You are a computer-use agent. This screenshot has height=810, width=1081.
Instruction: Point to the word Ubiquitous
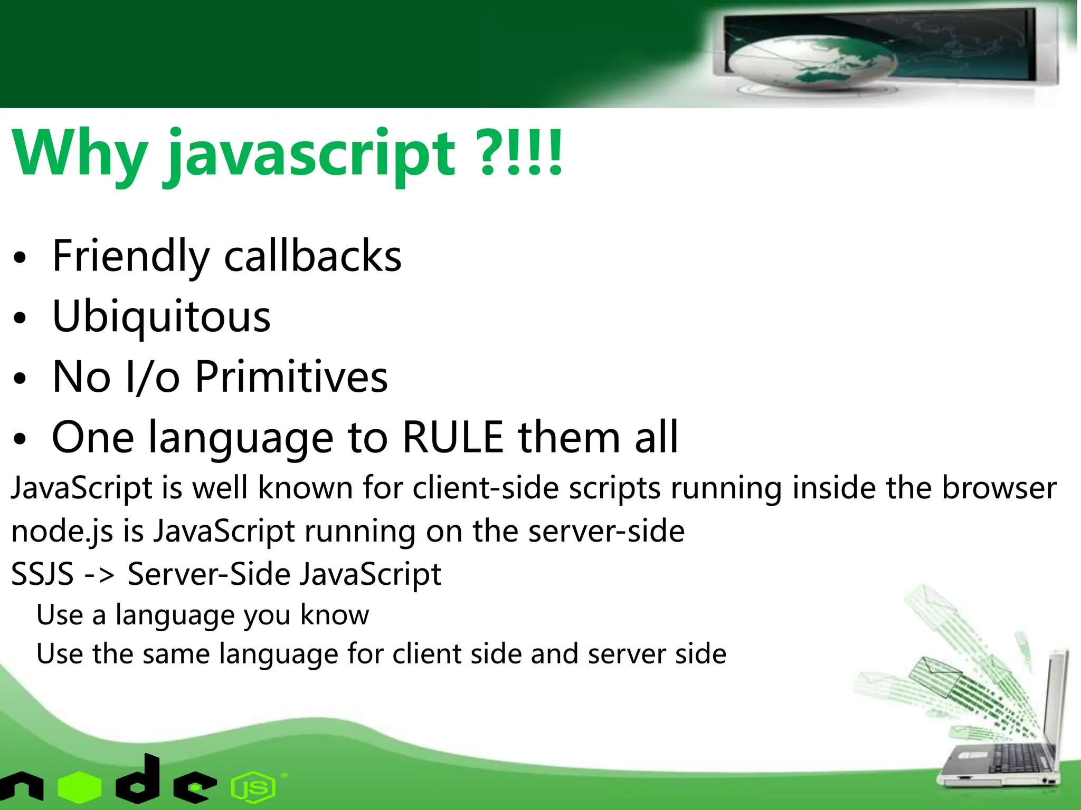pos(162,317)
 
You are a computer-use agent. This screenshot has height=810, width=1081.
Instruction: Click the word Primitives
pos(291,377)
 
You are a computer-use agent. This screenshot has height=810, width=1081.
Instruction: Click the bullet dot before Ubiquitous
pos(20,319)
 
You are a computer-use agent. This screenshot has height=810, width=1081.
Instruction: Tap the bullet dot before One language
pos(20,439)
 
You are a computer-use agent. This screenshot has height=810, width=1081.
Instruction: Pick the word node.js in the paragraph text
pos(62,532)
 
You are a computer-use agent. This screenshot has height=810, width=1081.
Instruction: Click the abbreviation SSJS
pos(42,574)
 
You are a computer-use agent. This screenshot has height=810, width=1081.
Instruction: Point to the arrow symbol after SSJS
pos(100,574)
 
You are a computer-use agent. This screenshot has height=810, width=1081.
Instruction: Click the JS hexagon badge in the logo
pos(253,788)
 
